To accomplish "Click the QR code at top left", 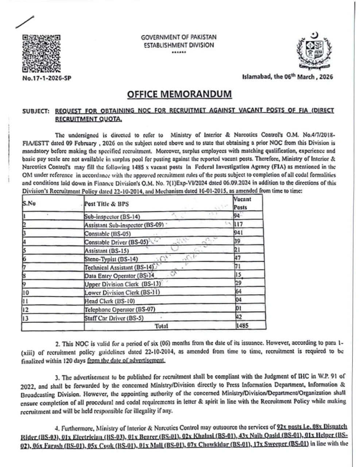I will click(41, 53).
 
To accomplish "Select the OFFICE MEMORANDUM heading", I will click(179, 94).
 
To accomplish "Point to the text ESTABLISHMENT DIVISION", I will click(178, 45).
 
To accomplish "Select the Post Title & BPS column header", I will click(107, 204).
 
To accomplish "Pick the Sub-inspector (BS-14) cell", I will click(112, 217).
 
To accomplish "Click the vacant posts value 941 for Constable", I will click(239, 233).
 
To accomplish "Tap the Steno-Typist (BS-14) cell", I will click(111, 259).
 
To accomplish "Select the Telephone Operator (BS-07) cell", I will click(120, 309).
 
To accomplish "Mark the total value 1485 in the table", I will click(242, 325).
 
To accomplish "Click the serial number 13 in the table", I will click(26, 318).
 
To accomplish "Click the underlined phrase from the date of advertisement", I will click(126, 360).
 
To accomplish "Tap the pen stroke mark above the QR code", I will click(25, 22).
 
